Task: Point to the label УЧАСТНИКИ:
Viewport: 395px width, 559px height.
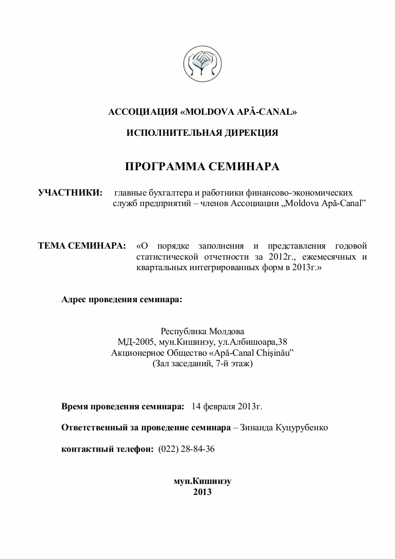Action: [x=70, y=193]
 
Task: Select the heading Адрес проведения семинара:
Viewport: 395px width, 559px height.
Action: [x=122, y=300]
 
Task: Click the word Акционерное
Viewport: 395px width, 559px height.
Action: [x=138, y=353]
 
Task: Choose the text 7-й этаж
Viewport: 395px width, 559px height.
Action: [x=232, y=364]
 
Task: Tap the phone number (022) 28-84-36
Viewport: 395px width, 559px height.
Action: [x=187, y=449]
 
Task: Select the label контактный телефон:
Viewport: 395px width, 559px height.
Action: [x=108, y=449]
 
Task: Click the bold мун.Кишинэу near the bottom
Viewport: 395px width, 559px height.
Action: [x=202, y=481]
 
